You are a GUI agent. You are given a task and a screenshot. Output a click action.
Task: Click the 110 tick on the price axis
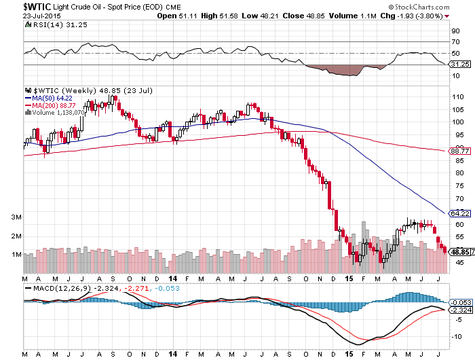[x=458, y=97]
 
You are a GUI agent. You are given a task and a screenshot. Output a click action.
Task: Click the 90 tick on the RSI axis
[x=455, y=31]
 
